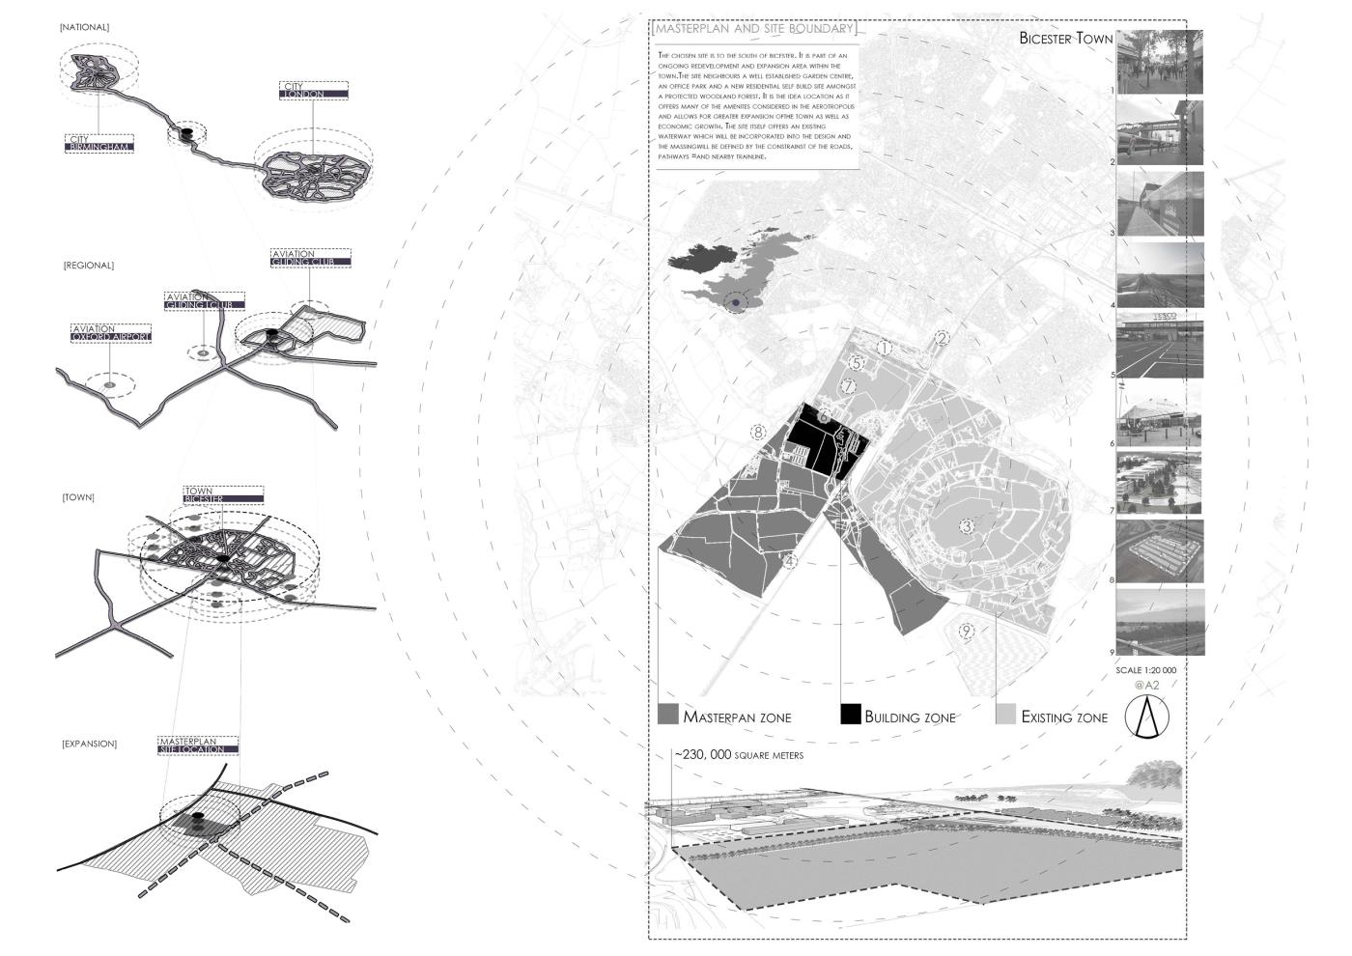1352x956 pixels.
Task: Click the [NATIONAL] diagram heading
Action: (84, 28)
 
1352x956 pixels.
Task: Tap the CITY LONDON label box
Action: (314, 91)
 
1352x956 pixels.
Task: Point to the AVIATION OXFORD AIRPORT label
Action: (111, 333)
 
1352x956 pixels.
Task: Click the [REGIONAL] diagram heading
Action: (88, 266)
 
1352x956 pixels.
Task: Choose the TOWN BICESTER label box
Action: (223, 494)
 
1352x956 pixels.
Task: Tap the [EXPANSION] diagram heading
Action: (90, 744)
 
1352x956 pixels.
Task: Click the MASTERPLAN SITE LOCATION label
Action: (198, 745)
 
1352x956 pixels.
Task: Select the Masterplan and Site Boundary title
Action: (754, 30)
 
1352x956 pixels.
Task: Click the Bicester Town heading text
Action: (1065, 39)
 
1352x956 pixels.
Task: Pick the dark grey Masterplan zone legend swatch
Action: (667, 715)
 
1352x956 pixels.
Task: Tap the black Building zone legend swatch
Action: (850, 715)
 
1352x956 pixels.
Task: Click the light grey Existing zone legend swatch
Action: (1005, 715)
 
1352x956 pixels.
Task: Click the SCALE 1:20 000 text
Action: (1145, 670)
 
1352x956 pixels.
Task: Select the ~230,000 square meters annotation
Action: (738, 755)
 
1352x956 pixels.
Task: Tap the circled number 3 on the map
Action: (966, 526)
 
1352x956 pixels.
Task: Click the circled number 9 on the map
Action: (966, 632)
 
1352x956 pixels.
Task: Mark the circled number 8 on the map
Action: (759, 433)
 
